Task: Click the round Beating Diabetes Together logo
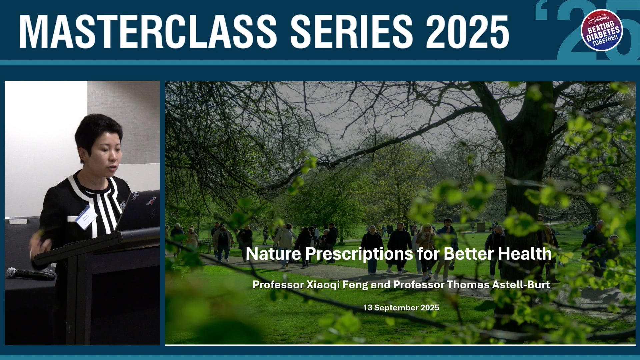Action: click(602, 30)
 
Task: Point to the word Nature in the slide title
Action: click(273, 254)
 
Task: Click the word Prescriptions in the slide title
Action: click(359, 254)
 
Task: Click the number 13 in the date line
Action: click(368, 308)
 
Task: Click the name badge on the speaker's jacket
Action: click(86, 217)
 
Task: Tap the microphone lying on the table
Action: click(30, 274)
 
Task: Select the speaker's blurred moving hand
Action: click(40, 247)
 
